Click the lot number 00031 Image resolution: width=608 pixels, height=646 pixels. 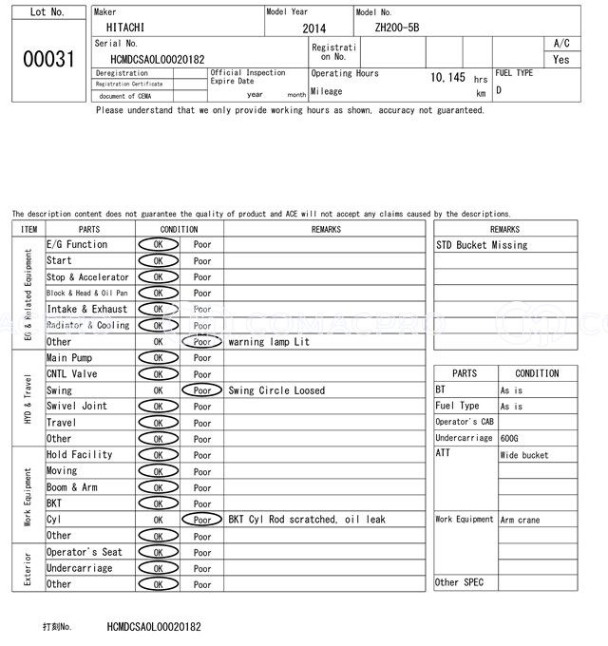pos(47,59)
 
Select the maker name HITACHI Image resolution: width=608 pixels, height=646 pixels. pos(125,29)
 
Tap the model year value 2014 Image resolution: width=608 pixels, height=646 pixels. pos(313,29)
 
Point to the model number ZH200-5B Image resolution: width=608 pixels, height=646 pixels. pos(397,29)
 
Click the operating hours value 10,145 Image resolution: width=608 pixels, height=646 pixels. pos(447,78)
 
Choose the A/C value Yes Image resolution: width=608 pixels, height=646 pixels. pos(561,59)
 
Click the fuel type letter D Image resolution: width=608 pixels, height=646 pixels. pos(499,90)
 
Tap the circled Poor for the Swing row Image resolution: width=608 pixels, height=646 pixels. pos(201,390)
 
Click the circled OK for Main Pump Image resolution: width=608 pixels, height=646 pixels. pos(158,358)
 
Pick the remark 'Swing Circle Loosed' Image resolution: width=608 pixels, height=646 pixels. pos(276,390)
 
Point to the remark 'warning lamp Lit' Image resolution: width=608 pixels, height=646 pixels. pos(269,342)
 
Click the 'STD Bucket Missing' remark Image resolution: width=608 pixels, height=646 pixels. pos(482,245)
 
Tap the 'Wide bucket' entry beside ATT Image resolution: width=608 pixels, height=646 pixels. pos(524,455)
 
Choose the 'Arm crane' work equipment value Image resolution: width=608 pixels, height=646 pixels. pos(520,520)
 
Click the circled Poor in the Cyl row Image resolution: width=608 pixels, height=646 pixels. pos(201,520)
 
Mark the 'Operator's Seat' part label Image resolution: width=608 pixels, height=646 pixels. pos(85,552)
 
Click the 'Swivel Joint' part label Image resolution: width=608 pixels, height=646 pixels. pos(77,407)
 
